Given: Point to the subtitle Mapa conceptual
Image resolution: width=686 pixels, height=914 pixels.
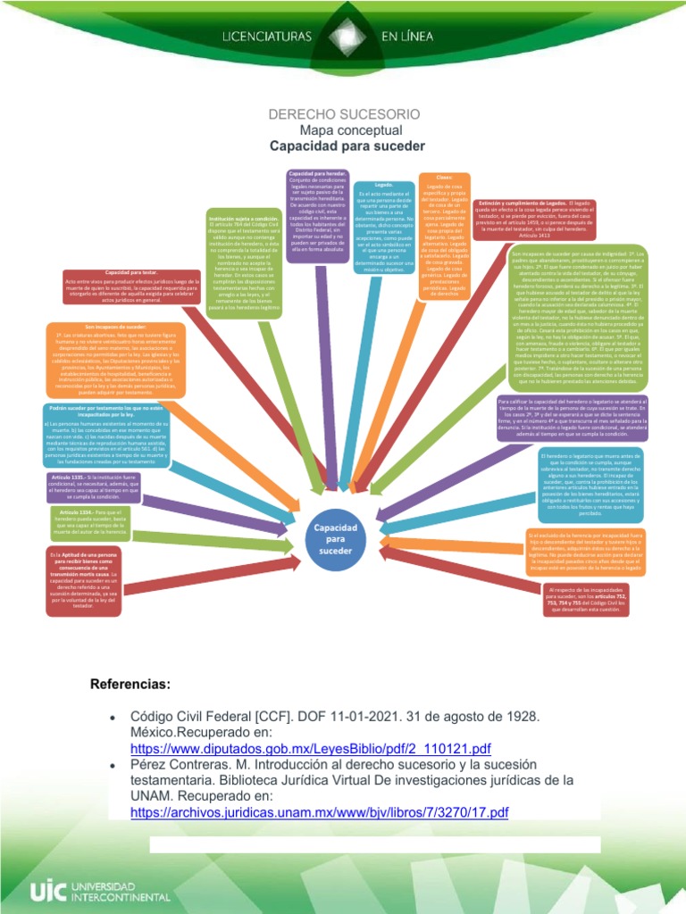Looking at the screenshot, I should coord(344,129).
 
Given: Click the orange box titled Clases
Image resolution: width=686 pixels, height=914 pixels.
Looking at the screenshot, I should coord(444,233).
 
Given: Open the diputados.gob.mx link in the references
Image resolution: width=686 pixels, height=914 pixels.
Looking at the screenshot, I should coord(311,748).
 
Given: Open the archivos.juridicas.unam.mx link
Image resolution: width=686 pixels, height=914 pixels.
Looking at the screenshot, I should coord(319,812).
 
